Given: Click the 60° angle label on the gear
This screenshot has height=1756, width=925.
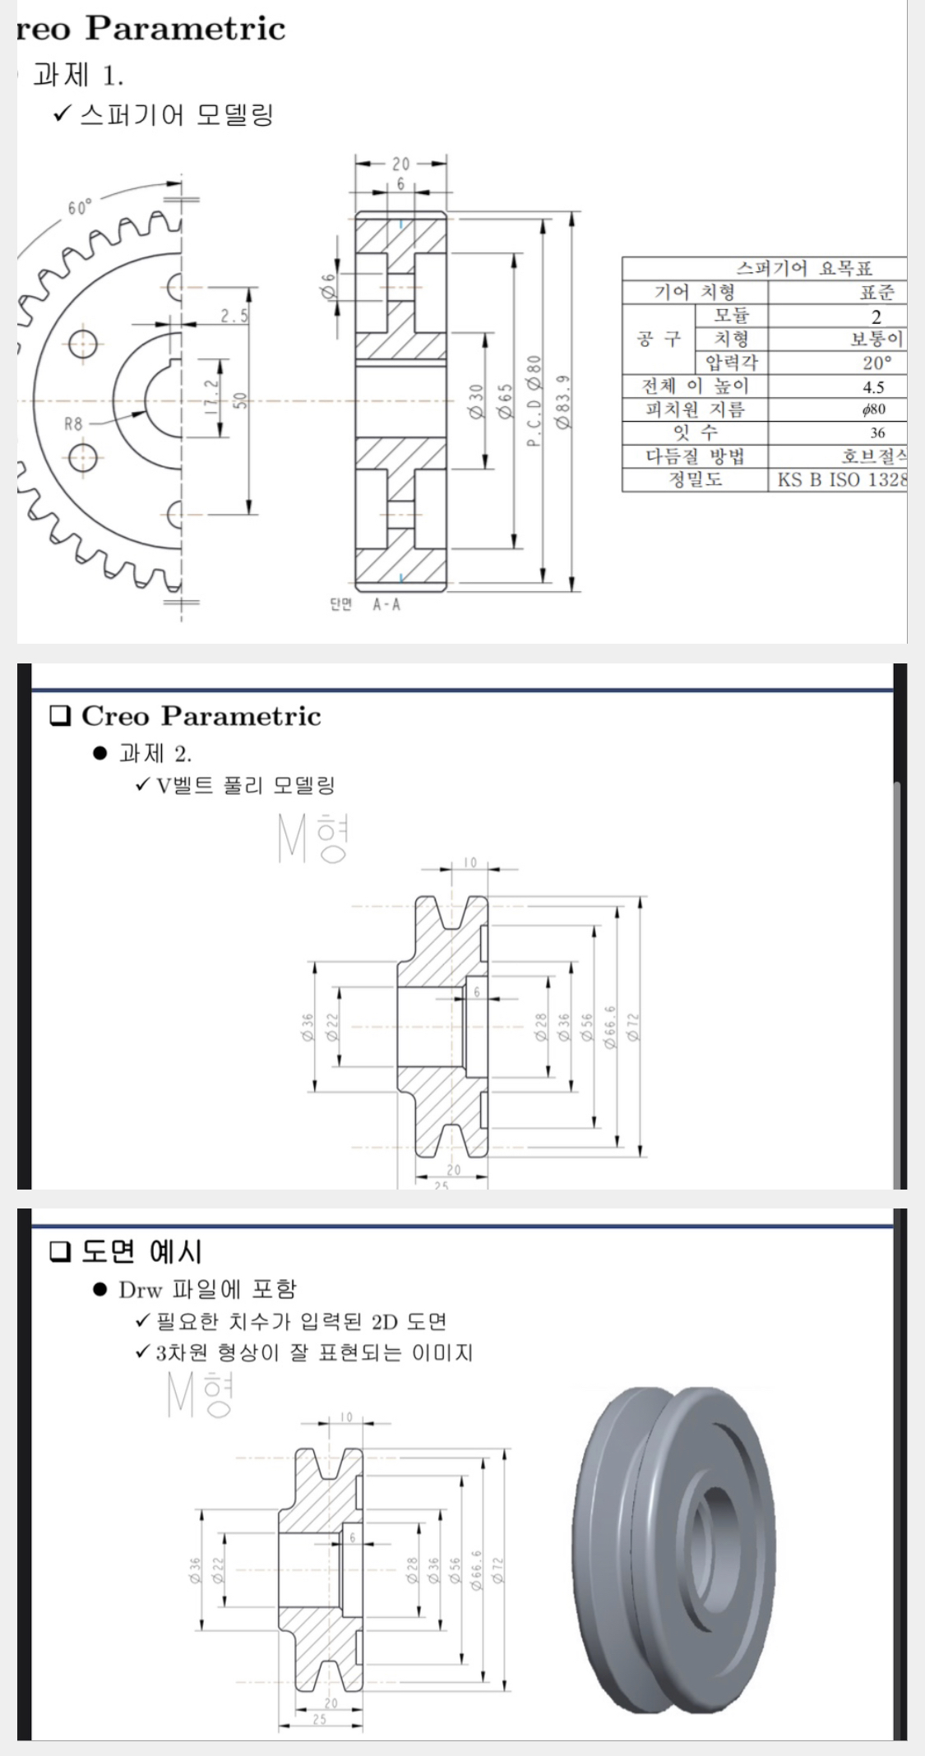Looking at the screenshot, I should [x=80, y=207].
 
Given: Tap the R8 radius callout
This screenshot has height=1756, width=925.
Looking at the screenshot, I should [x=73, y=424].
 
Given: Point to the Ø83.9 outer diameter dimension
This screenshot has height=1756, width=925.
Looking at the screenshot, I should [x=562, y=401].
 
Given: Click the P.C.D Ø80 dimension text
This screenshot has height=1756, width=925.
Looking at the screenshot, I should [x=534, y=401].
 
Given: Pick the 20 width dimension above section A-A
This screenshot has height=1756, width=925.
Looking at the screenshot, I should [x=400, y=164].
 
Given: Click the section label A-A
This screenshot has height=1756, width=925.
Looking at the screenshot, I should [x=386, y=605].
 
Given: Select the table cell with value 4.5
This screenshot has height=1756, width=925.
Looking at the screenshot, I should [x=873, y=387].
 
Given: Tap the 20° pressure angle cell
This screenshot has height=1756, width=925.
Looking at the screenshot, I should [x=876, y=363].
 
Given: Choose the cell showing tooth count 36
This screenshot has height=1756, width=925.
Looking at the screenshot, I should [x=877, y=433].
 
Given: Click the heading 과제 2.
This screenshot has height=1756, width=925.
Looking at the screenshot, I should [x=155, y=753].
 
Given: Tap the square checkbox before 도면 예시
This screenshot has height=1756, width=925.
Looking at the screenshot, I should [x=60, y=1252].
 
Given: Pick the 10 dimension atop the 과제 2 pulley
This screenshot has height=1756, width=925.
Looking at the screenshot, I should [x=469, y=862].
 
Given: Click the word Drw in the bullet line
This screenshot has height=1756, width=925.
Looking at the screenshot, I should [x=140, y=1289].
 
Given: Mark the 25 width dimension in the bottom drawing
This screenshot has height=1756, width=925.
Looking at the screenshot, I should [x=319, y=1719].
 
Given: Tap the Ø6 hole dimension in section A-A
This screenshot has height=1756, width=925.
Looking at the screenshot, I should [x=329, y=286].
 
